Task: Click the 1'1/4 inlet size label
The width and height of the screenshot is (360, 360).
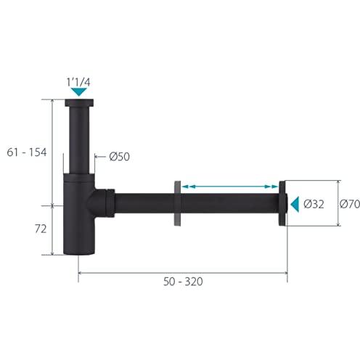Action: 78,82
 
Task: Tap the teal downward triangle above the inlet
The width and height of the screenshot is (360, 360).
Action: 79,92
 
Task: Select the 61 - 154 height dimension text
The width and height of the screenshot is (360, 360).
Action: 27,152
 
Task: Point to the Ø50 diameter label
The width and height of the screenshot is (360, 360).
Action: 119,157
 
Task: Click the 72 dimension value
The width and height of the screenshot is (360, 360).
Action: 41,229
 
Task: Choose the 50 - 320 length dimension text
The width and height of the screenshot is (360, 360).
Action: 183,282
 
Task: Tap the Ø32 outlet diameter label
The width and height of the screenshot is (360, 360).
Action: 314,204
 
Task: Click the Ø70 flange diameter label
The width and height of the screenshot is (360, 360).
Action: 350,204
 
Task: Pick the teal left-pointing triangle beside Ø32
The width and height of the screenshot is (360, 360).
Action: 295,204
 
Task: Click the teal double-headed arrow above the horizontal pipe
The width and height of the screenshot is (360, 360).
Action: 230,187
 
